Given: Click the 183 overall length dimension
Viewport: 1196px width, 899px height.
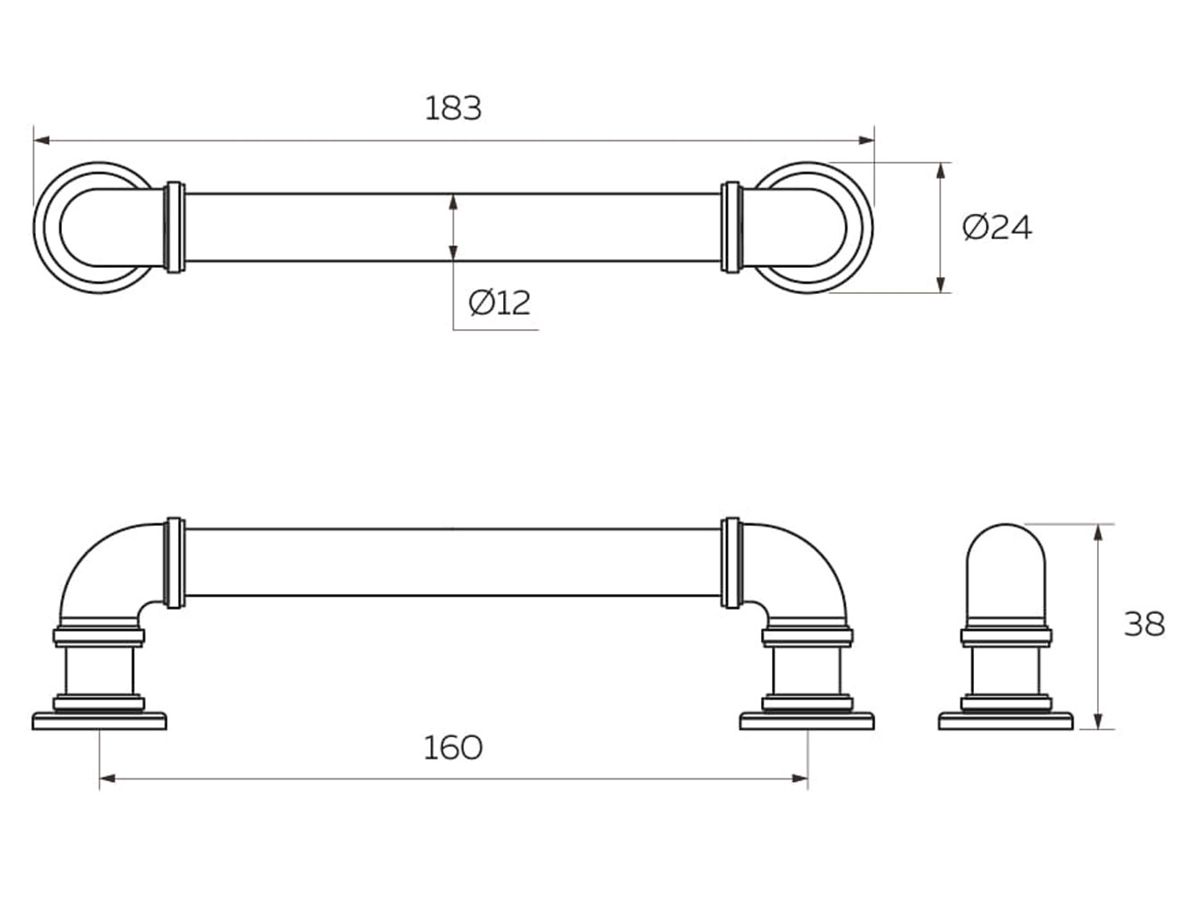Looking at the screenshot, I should coord(453,108).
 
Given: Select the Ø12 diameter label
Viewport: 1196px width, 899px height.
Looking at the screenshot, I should coord(500,302).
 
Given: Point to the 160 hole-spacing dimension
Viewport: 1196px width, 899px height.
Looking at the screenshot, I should coord(453,747).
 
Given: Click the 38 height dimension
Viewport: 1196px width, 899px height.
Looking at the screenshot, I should coord(1144,623).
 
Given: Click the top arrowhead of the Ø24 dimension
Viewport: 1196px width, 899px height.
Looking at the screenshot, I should coord(941,170).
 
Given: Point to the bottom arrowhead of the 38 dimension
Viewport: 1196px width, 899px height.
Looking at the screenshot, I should coord(1097,722).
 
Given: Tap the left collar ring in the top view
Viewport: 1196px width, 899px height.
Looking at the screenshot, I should coord(175,227).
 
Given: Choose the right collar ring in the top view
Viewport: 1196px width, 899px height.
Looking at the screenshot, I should coord(731,227).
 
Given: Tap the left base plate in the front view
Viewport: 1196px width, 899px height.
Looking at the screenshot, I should coord(100,721).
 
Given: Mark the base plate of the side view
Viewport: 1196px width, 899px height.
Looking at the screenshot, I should coord(1006,721).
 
